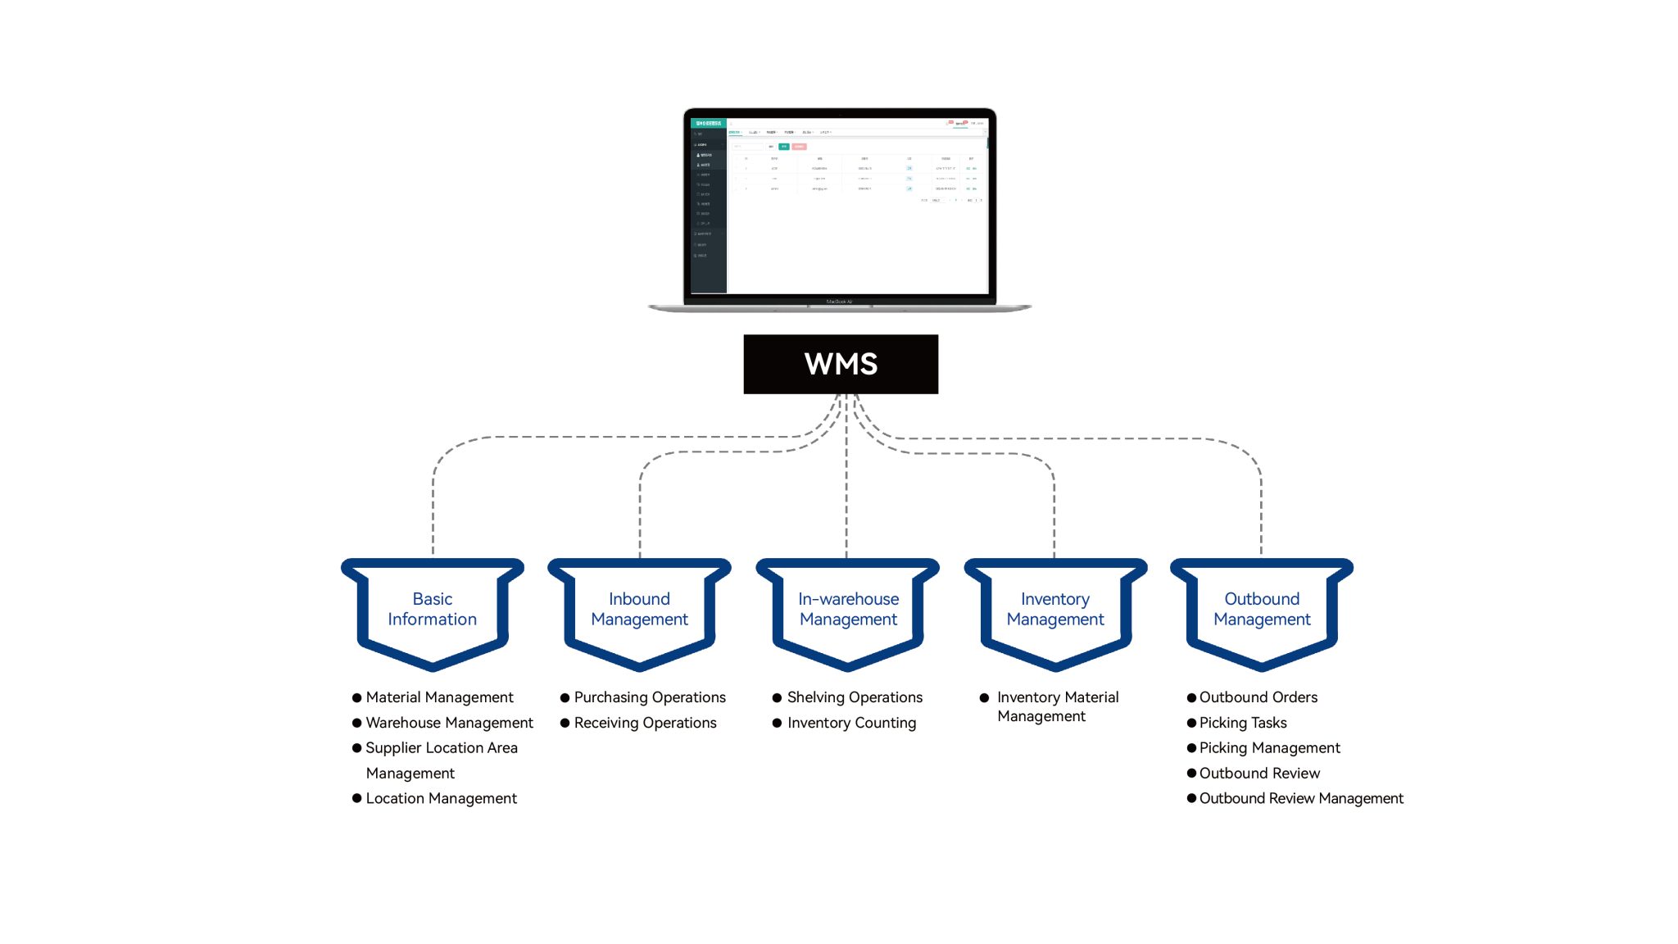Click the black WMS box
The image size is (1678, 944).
click(x=841, y=364)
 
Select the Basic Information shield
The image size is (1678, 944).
click(x=432, y=610)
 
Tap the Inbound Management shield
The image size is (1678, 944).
click(x=639, y=610)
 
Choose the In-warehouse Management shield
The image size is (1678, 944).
click(x=848, y=610)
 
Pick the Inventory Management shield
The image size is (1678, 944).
click(x=1055, y=610)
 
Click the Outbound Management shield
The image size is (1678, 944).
click(x=1262, y=610)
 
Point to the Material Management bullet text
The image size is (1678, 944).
click(x=439, y=697)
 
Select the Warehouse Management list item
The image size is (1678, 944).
click(x=449, y=723)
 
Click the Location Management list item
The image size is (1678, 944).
click(x=441, y=798)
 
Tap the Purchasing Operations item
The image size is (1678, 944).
click(x=650, y=697)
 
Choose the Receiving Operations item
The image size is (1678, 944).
click(x=645, y=723)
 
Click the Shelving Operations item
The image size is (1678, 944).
click(x=855, y=697)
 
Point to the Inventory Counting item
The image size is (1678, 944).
click(x=851, y=723)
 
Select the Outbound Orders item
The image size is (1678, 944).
click(x=1258, y=697)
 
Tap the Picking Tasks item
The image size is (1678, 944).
click(x=1243, y=723)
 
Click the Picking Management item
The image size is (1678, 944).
click(x=1269, y=748)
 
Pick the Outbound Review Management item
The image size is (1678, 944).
click(x=1301, y=798)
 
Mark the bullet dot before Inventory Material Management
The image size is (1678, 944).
click(x=984, y=698)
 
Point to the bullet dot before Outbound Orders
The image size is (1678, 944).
click(x=1191, y=698)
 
